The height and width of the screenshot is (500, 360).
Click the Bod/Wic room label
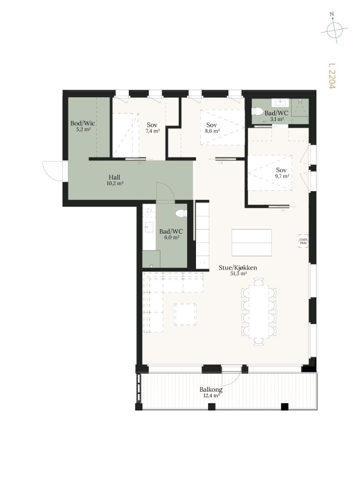point(82,123)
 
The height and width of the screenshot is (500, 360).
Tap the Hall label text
point(114,177)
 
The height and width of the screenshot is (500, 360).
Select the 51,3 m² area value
point(239,273)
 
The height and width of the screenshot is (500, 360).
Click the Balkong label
point(211,389)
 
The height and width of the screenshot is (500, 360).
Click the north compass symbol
point(334,28)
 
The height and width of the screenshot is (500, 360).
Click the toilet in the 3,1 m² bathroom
point(257,112)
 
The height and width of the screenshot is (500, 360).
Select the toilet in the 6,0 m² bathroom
point(181,213)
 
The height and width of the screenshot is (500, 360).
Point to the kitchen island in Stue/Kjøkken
point(252,243)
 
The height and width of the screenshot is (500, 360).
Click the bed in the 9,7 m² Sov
point(270,173)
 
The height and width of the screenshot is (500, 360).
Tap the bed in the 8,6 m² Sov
point(222,128)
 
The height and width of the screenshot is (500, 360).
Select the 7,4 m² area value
point(152,131)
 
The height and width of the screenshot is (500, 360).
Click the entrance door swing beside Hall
point(53,171)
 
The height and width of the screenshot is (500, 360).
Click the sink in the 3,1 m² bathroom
point(280,103)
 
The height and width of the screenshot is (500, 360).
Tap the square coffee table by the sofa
point(185,314)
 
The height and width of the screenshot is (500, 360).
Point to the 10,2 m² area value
point(115,183)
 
